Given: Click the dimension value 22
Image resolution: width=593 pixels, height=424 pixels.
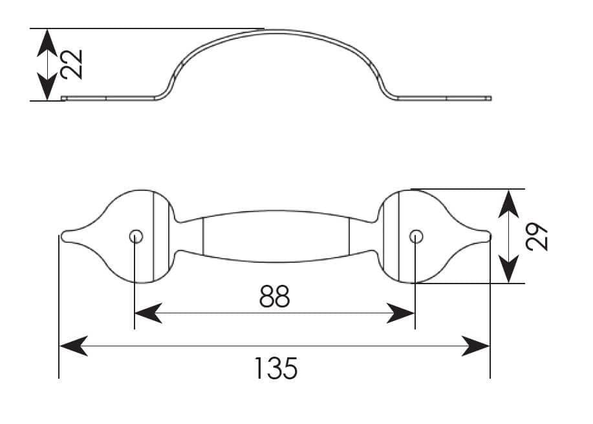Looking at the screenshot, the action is point(72,64).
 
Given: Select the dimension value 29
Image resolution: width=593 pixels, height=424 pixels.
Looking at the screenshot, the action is point(537,237).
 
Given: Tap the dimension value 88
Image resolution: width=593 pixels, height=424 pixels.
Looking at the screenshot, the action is point(275,296).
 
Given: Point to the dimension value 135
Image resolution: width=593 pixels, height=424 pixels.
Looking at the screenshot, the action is point(276,368).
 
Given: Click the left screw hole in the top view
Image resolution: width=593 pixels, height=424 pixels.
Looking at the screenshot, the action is point(136,237).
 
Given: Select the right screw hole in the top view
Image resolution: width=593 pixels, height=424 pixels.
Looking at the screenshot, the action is point(416,237).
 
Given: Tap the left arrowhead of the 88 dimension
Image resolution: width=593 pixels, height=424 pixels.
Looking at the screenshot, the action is point(148,313).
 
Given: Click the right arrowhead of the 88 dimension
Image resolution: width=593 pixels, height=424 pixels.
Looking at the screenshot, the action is point(400,313).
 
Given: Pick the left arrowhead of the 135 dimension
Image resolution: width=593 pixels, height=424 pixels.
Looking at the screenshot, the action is point(74,346).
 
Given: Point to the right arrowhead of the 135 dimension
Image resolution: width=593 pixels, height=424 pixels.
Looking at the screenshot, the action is point(476,346).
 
